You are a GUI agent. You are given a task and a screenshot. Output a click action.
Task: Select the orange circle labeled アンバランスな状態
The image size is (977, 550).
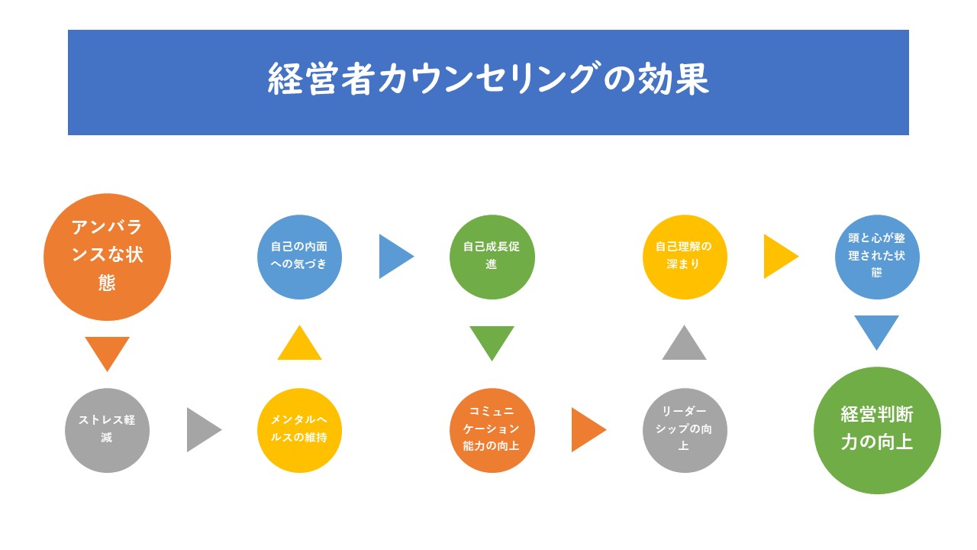(x=107, y=257)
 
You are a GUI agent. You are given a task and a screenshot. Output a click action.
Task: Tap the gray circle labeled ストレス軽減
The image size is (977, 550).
(x=107, y=430)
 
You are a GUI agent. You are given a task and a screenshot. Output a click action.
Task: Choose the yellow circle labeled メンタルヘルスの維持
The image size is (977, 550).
(x=299, y=430)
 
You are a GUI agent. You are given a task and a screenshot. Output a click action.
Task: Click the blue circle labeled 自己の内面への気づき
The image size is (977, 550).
(x=299, y=257)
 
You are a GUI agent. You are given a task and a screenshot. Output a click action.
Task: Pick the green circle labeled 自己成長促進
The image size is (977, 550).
(x=492, y=257)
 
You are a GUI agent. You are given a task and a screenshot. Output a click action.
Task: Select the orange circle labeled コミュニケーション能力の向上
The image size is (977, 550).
(x=492, y=430)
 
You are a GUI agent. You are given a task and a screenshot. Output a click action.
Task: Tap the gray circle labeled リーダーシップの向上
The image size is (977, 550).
(x=684, y=430)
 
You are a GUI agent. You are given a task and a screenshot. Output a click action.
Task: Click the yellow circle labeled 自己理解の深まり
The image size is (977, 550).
(x=684, y=257)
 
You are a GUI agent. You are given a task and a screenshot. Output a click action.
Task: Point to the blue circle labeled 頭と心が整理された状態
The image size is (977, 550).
(x=876, y=257)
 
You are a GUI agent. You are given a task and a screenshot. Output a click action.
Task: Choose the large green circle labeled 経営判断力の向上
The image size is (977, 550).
(x=876, y=430)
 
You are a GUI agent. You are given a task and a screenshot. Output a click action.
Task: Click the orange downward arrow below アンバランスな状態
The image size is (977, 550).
(x=107, y=351)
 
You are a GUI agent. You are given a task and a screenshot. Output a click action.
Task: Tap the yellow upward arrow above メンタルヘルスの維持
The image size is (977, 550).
(x=299, y=345)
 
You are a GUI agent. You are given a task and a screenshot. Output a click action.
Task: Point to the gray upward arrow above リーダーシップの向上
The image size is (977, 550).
(x=684, y=345)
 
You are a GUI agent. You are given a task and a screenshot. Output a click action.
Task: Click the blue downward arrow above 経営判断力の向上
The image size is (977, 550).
(x=876, y=330)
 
